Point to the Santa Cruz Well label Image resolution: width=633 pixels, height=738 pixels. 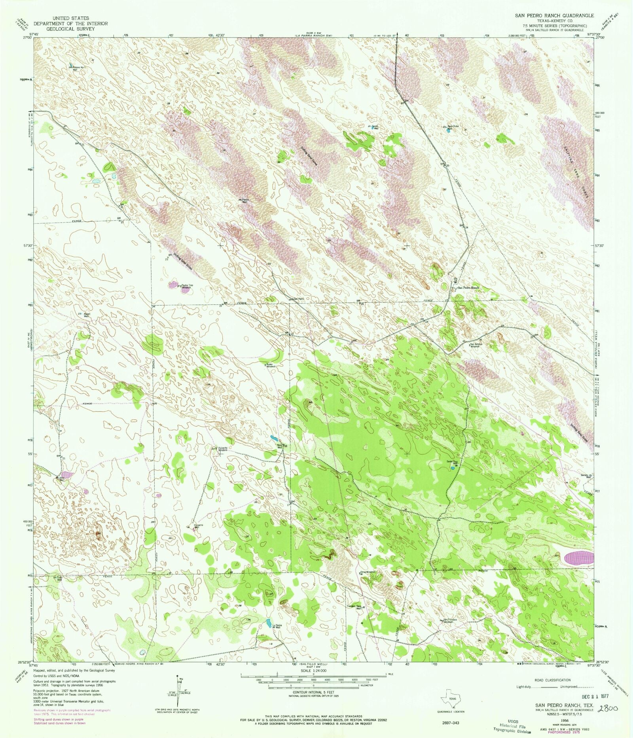point(453,462)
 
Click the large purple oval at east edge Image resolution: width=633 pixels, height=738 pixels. point(578,558)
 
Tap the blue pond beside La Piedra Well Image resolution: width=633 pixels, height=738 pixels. point(268,623)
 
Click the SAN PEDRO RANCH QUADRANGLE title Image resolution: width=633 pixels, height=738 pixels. point(554,15)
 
